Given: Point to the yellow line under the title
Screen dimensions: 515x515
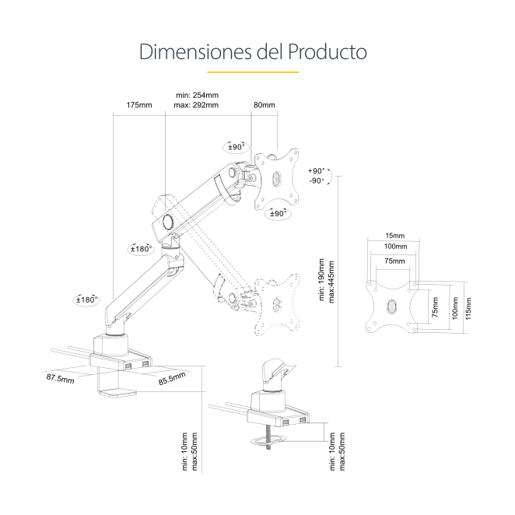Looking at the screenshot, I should click(257, 72).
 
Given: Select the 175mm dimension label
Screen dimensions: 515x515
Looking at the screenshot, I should click(139, 105).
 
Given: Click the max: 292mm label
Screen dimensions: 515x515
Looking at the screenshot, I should click(196, 105).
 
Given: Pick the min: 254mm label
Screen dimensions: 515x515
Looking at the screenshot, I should click(197, 95).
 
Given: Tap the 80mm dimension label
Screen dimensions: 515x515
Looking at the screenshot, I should click(265, 105).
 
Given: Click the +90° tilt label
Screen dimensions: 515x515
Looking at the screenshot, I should click(317, 170).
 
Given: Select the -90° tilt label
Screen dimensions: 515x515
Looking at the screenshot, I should click(317, 180).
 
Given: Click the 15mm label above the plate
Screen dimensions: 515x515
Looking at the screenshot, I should click(394, 236).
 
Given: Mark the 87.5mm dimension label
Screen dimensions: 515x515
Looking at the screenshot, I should click(60, 379).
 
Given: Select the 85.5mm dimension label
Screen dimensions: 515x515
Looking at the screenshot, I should click(172, 380).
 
